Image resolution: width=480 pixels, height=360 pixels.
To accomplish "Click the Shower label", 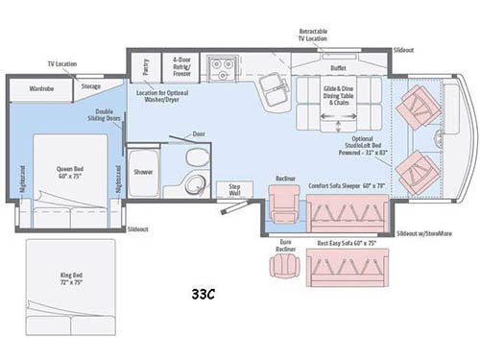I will point(144,173).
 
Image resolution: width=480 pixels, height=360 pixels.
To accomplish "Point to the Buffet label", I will point(338,68).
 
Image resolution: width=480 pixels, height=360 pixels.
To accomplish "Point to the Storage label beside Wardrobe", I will point(91,86).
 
